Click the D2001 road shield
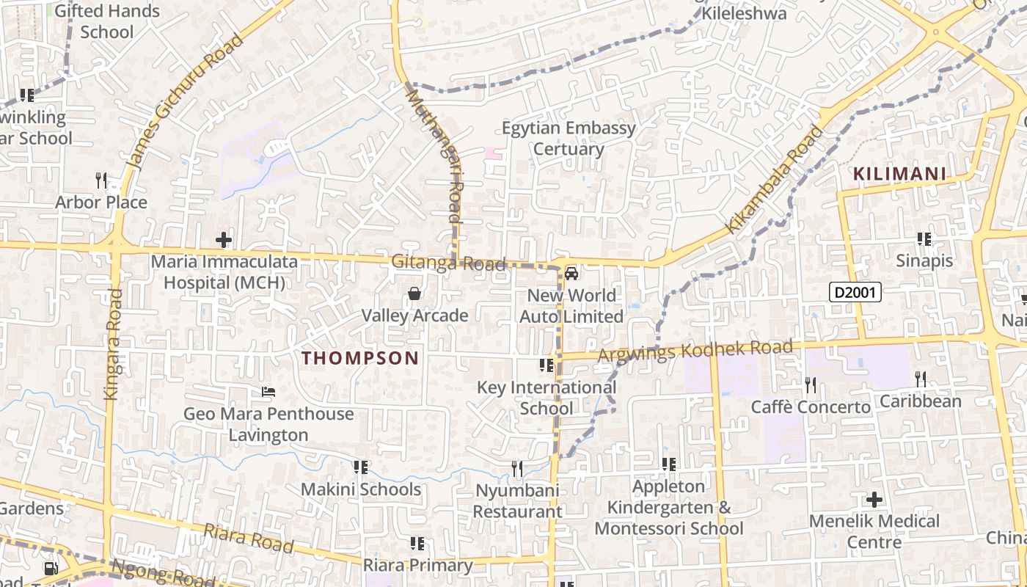[x=855, y=293]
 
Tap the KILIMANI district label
[x=900, y=175]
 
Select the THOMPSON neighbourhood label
[x=360, y=358]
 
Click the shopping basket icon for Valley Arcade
[x=414, y=294]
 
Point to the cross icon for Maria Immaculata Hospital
[x=224, y=240]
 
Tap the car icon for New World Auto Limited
[x=571, y=274]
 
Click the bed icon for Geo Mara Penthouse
[x=268, y=393]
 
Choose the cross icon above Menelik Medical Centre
[x=874, y=500]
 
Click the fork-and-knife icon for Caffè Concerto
[x=810, y=384]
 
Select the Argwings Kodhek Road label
[x=695, y=350]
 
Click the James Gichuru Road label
[x=185, y=101]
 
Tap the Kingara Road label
[x=112, y=344]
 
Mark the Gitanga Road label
[x=448, y=263]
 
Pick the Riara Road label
[x=248, y=539]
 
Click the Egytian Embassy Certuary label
[x=569, y=138]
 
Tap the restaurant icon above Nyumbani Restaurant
[x=517, y=468]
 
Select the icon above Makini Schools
[x=360, y=467]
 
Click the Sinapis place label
[x=924, y=260]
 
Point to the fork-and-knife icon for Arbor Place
[x=101, y=180]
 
